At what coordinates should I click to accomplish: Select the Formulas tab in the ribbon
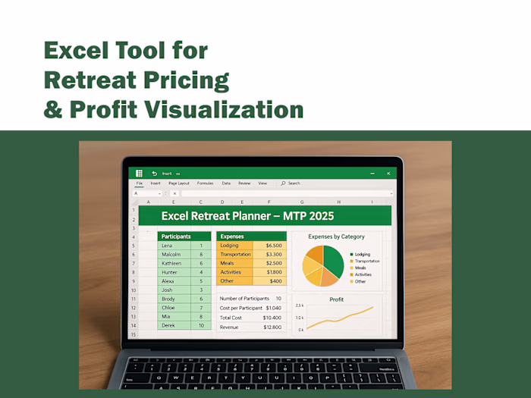[205, 183]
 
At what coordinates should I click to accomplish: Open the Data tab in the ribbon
[226, 183]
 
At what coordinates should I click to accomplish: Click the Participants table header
[176, 237]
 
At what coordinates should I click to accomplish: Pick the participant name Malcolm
[172, 255]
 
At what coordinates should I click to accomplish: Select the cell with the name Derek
[169, 325]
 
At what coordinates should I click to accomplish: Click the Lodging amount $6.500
[273, 246]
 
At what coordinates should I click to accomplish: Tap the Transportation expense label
[235, 255]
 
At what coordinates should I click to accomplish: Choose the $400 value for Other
[275, 280]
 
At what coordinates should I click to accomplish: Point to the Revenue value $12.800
[272, 327]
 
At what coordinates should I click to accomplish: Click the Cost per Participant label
[240, 309]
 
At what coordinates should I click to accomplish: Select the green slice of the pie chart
[334, 259]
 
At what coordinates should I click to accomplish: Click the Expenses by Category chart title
[337, 237]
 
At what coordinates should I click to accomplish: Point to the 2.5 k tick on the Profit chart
[300, 305]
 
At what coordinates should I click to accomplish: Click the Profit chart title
[336, 299]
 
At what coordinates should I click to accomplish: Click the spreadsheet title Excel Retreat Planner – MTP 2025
[247, 216]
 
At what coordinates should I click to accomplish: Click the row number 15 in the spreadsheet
[134, 334]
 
